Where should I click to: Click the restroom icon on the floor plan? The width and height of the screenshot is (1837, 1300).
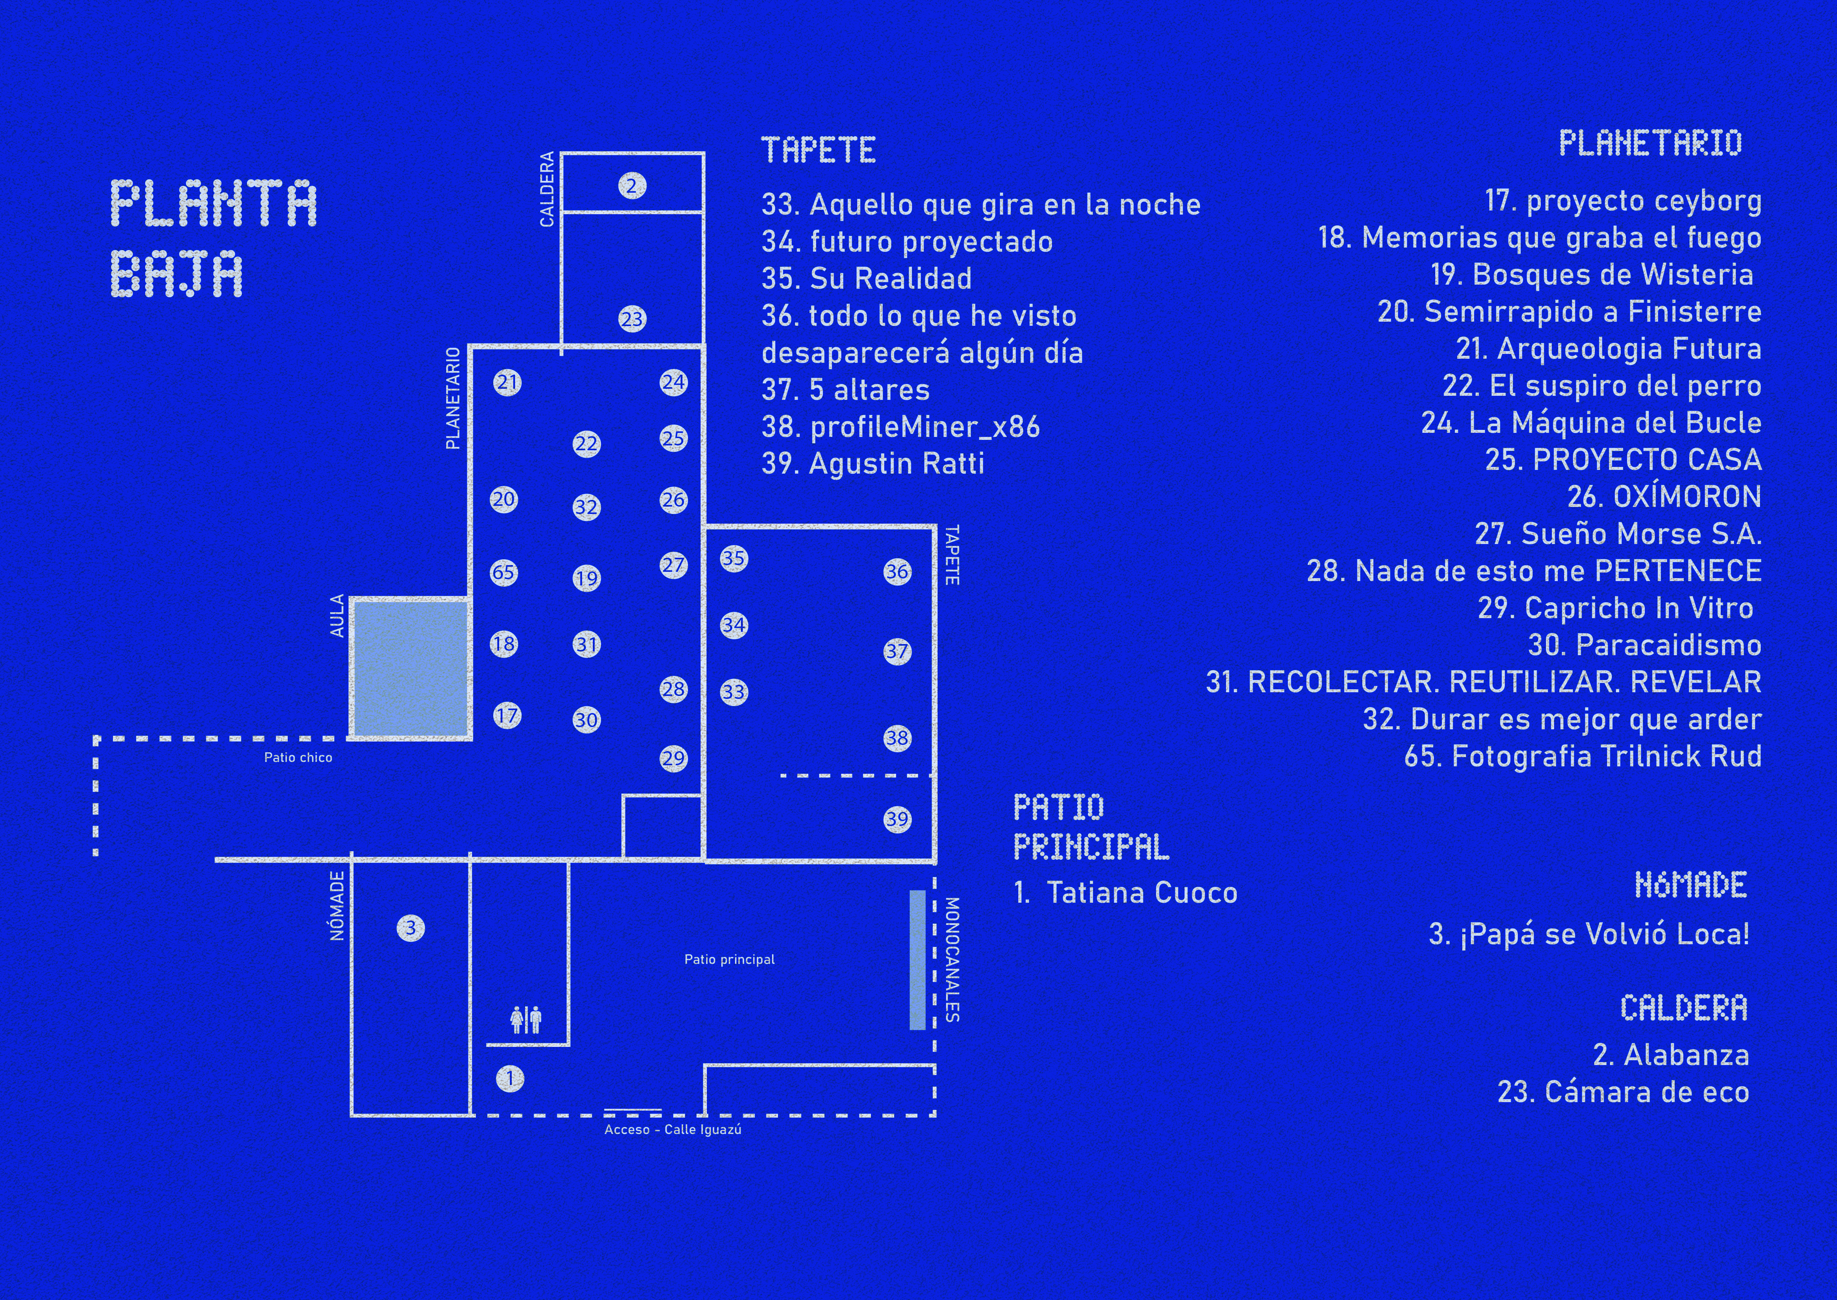[x=526, y=1019]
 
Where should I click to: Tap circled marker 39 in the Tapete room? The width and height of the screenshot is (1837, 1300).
[x=897, y=819]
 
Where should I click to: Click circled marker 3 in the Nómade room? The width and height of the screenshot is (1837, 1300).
[x=410, y=928]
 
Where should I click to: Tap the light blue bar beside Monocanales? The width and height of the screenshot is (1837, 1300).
[x=918, y=960]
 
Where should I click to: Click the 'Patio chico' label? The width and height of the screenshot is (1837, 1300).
[x=298, y=757]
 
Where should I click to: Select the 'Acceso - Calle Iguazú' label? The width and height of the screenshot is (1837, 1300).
[x=673, y=1130]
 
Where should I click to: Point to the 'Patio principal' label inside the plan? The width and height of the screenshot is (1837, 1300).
[x=730, y=959]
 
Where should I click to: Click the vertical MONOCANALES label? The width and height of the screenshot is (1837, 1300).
[x=952, y=959]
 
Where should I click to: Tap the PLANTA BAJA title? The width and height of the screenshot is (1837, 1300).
[x=214, y=238]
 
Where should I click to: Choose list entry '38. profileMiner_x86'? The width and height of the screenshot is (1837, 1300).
[x=901, y=427]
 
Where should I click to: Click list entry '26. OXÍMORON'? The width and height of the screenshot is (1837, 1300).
[x=1664, y=496]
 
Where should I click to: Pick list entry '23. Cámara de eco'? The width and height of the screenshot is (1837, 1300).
[x=1623, y=1092]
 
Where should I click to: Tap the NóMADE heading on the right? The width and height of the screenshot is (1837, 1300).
[x=1691, y=885]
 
